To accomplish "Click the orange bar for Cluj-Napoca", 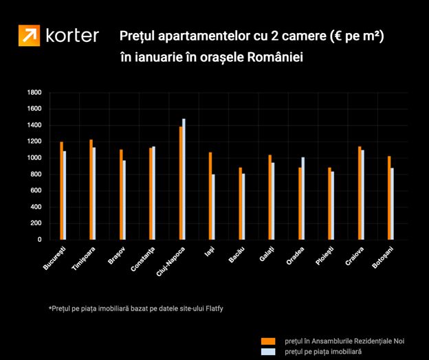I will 181,183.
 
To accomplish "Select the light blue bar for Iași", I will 213,207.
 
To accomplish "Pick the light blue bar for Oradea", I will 302,199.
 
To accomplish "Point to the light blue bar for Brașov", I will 124,200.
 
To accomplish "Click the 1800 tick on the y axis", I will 35,93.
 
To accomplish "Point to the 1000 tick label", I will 35,158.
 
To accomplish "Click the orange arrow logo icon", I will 29,36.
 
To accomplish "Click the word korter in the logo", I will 72,36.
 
